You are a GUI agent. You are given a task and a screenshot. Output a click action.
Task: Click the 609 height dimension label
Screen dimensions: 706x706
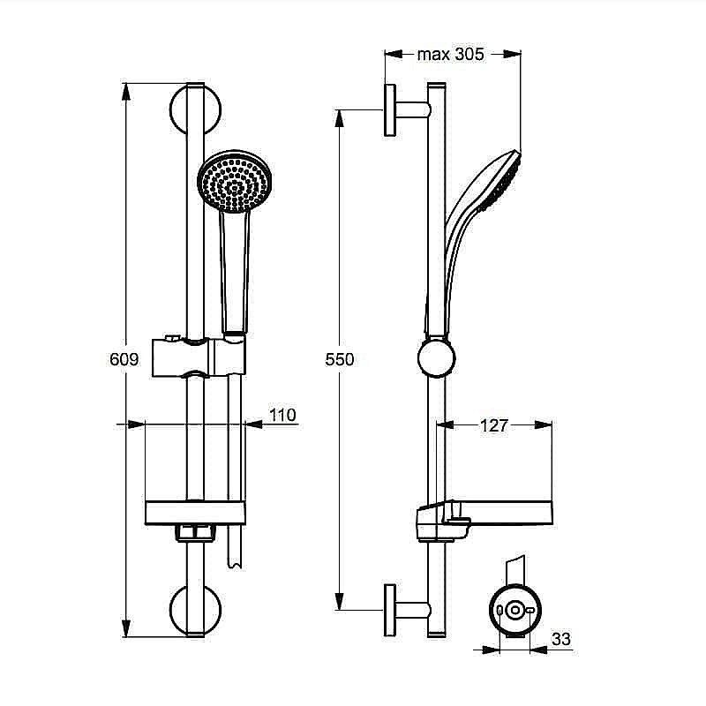tap(124, 359)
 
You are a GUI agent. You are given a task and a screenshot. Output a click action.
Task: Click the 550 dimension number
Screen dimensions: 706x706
tap(339, 359)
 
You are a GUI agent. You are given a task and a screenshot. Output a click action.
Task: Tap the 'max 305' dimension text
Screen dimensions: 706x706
tap(451, 55)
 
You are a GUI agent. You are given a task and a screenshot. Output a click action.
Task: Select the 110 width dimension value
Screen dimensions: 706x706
tap(282, 415)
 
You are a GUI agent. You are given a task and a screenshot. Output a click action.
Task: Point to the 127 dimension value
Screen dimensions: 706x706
tap(494, 426)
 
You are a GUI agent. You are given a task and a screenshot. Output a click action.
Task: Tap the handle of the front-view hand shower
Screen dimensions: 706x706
tap(234, 269)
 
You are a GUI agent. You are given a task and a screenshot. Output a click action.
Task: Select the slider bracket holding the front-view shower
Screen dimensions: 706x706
tap(201, 357)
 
